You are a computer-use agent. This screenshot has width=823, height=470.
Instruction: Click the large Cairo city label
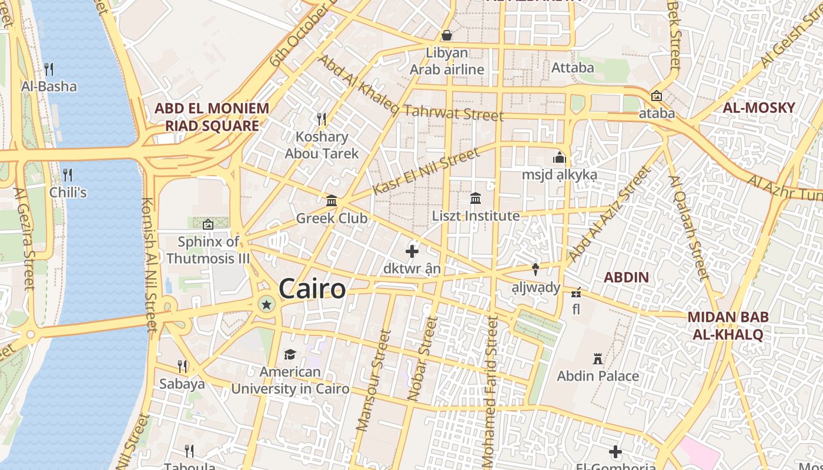(x=312, y=288)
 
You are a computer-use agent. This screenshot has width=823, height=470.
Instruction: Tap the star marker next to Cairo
(x=267, y=304)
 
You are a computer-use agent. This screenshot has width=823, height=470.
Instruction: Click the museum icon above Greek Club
(x=332, y=201)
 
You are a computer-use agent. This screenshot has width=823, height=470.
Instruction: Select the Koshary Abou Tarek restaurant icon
(x=322, y=119)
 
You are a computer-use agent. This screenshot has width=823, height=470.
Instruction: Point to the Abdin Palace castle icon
(x=598, y=358)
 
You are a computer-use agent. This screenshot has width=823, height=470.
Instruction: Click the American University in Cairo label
(x=290, y=380)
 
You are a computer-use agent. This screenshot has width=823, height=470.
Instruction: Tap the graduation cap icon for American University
(x=290, y=354)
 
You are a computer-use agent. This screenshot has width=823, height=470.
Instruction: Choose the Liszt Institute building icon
(x=476, y=199)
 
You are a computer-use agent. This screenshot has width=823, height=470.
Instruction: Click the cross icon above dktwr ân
(x=412, y=251)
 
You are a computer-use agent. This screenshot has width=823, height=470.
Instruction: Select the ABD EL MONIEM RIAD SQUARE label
(x=212, y=117)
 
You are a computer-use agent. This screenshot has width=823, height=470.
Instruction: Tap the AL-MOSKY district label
(x=758, y=108)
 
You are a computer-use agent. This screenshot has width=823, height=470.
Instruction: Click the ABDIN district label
(x=627, y=277)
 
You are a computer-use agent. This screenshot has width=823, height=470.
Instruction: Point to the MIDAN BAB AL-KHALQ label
(x=728, y=325)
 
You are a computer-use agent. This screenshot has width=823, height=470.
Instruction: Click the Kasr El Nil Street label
(x=426, y=172)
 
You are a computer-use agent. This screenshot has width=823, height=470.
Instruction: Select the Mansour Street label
(x=374, y=380)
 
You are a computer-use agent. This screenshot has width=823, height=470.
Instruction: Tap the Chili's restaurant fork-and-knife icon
(x=68, y=175)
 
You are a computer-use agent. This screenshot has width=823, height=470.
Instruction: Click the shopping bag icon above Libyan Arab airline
(x=447, y=35)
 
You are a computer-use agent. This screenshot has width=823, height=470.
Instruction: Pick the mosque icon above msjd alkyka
(x=559, y=157)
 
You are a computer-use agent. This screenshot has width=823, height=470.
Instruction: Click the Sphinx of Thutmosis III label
(x=208, y=250)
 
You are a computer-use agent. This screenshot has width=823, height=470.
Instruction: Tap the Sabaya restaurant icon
(x=182, y=367)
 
